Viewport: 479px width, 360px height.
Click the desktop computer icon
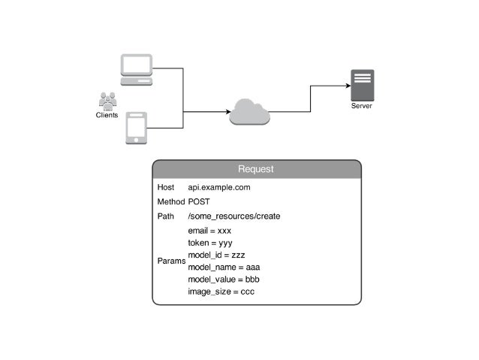[x=137, y=69]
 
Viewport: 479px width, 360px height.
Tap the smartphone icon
[x=136, y=128]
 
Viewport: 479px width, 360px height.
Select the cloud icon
[x=249, y=112]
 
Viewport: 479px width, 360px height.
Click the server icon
[x=362, y=86]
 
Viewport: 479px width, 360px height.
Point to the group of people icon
[x=107, y=101]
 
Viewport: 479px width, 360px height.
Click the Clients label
[x=107, y=116]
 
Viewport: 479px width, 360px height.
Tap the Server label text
[x=362, y=107]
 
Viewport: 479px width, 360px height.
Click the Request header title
[x=256, y=169]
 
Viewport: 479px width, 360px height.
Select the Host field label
[x=166, y=187]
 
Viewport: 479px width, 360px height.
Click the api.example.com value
[x=218, y=187]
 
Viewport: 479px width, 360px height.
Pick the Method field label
[x=170, y=202]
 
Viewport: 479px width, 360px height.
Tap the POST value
[x=199, y=202]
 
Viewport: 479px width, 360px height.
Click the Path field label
[x=165, y=216]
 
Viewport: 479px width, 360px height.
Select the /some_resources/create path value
[x=233, y=216]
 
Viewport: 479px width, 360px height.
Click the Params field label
[x=170, y=262]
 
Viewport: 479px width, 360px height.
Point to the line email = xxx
[x=209, y=231]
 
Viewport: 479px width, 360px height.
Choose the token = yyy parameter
[x=209, y=243]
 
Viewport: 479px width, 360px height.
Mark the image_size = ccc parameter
[x=221, y=291]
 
